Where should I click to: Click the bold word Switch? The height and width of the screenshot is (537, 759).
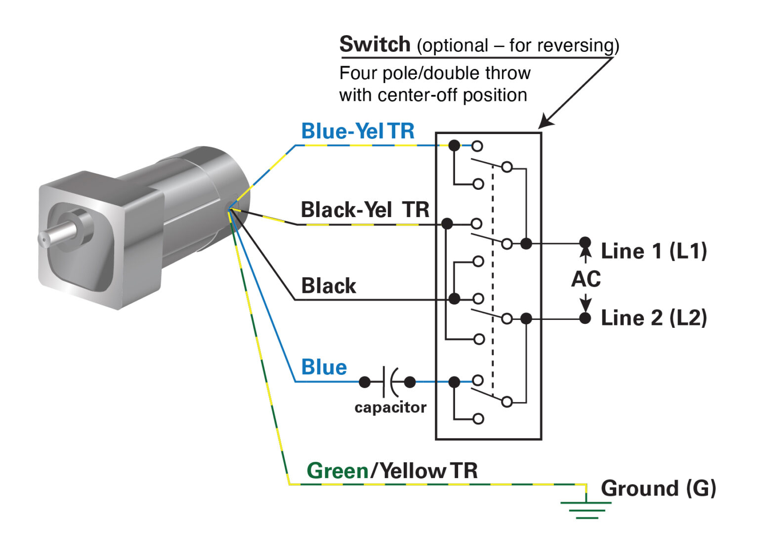(374, 45)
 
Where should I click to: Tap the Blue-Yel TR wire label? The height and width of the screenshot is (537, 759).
(358, 132)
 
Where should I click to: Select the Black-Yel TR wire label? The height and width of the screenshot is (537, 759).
(365, 210)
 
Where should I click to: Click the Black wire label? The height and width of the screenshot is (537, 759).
(329, 286)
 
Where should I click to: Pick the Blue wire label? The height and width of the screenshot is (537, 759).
(324, 367)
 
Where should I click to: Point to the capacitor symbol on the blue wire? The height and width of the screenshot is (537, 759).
(389, 382)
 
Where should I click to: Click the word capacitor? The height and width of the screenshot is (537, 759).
(390, 407)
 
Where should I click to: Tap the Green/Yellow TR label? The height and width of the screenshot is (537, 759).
(392, 471)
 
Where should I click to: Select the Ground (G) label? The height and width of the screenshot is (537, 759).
(658, 489)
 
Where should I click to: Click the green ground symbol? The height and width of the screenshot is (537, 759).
(587, 509)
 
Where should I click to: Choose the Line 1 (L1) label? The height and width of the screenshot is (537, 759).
(653, 251)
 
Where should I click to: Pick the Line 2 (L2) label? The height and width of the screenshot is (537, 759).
(653, 318)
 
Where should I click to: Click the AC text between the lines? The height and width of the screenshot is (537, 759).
(586, 279)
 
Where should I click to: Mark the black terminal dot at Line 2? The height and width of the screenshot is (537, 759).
(585, 318)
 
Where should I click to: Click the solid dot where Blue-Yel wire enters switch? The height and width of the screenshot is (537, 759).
(454, 145)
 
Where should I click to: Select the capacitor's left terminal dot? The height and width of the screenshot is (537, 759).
(365, 382)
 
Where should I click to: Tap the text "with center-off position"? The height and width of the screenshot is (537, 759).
(433, 95)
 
